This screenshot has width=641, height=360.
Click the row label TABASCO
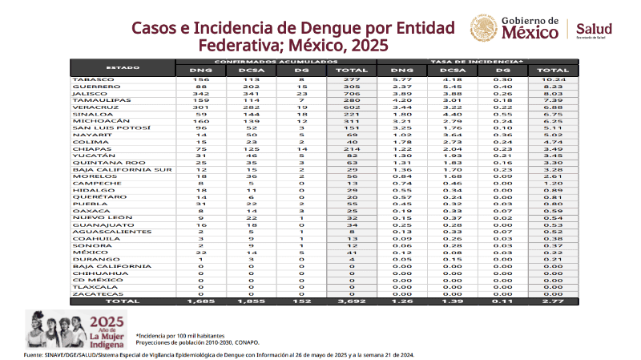88,80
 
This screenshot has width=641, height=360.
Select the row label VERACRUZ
91,106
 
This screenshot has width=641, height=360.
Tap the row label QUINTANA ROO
98,163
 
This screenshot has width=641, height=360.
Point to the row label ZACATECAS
92,294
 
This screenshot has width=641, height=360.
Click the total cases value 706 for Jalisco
353,93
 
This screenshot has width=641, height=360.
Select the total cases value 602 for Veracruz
353,106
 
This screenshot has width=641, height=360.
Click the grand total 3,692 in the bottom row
353,301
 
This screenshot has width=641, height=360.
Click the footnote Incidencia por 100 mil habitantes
180,334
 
